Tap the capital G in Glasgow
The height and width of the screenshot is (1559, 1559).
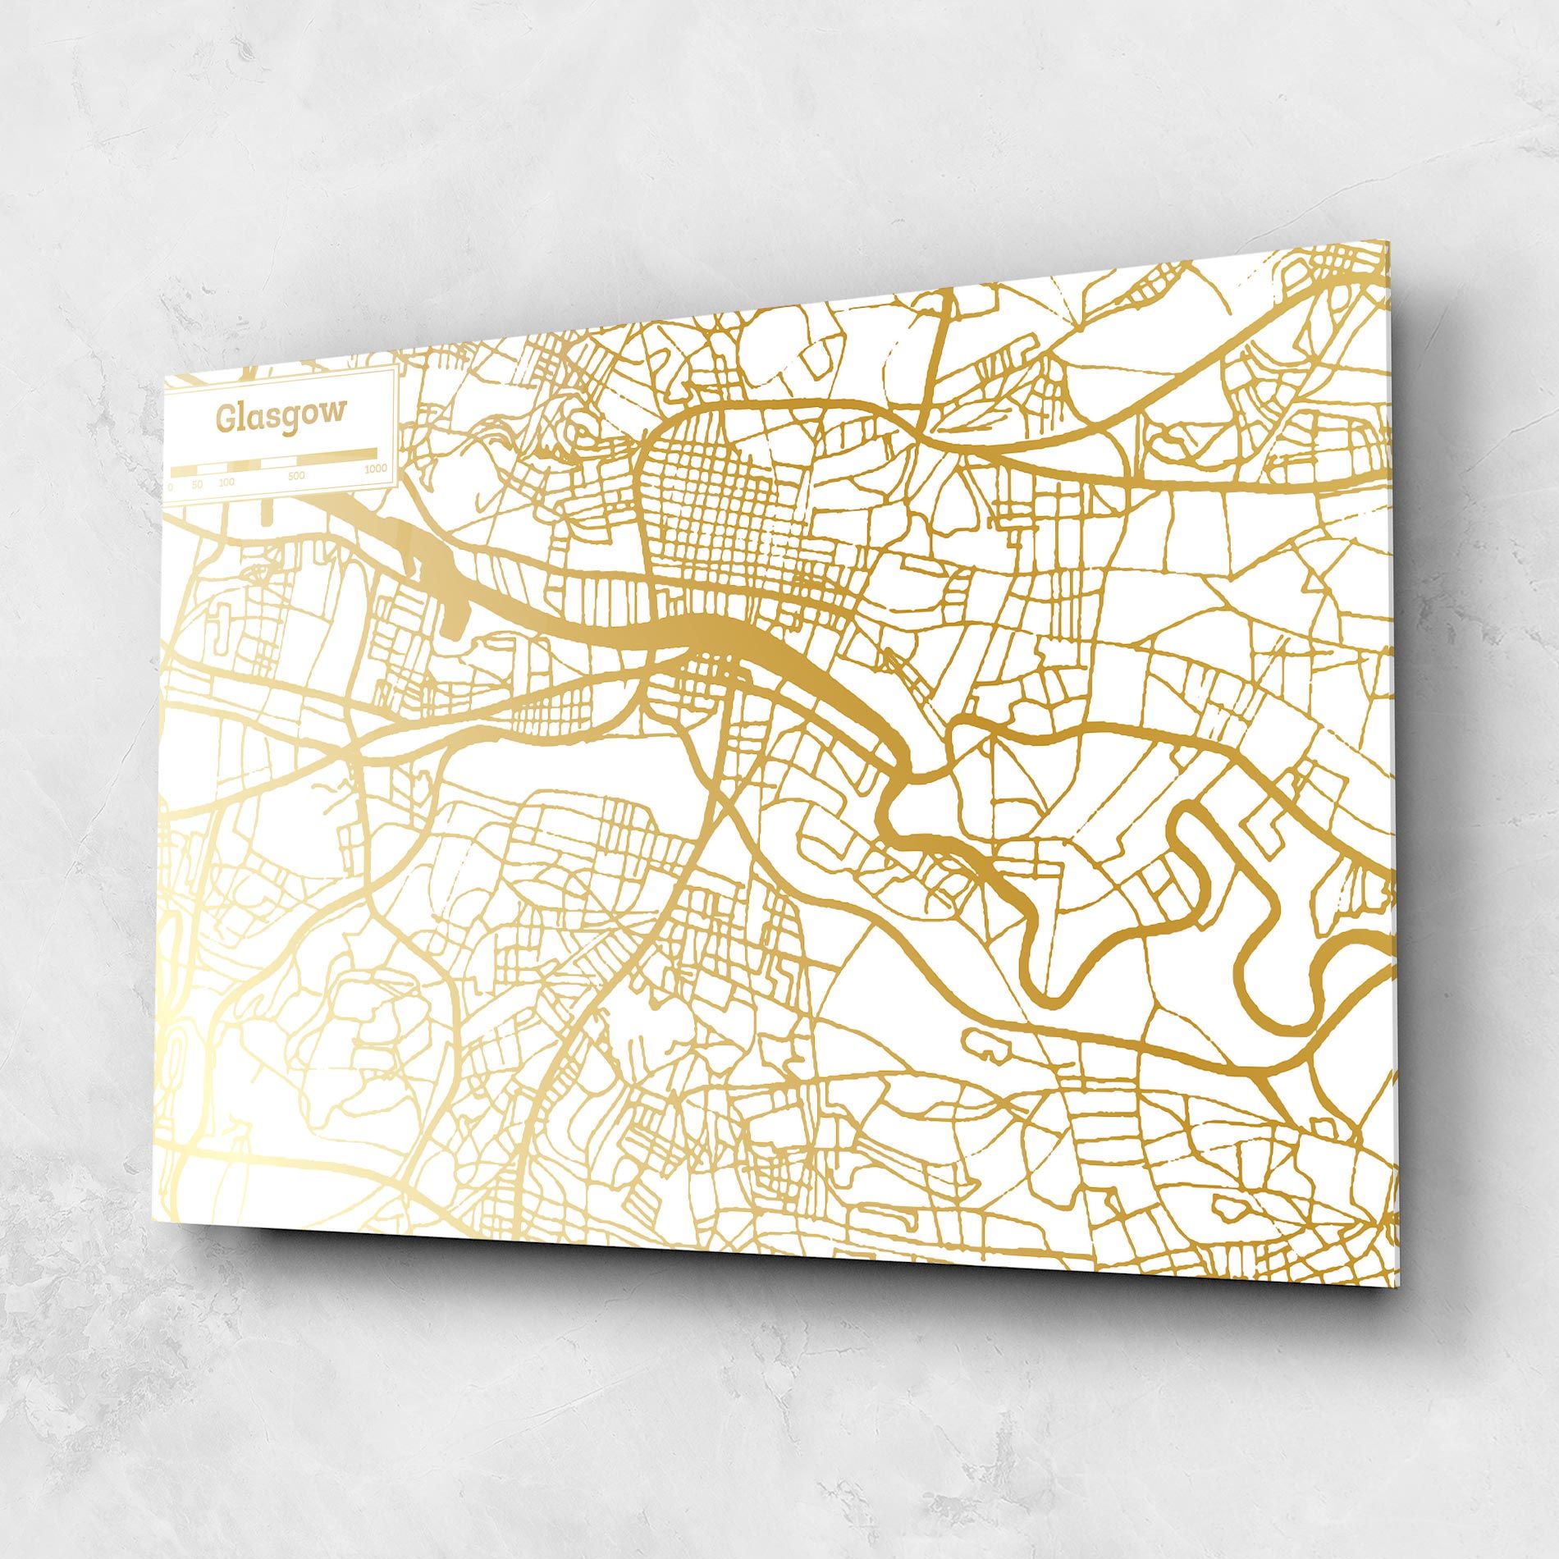click(224, 418)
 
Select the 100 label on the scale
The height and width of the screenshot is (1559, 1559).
click(226, 482)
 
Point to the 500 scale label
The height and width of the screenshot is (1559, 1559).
click(296, 476)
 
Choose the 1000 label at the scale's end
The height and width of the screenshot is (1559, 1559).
click(376, 469)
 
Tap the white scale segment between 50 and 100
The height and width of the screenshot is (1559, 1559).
click(212, 469)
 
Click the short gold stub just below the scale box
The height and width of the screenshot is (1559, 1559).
click(265, 513)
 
